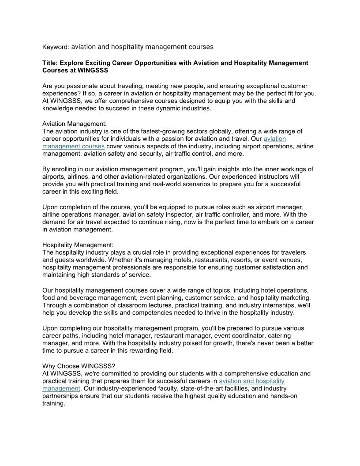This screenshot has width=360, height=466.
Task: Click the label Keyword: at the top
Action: coord(56,47)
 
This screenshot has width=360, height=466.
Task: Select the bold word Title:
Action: coord(50,63)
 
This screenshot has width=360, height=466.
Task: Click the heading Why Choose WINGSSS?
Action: coord(79,366)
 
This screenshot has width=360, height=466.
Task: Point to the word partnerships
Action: coord(61,396)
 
